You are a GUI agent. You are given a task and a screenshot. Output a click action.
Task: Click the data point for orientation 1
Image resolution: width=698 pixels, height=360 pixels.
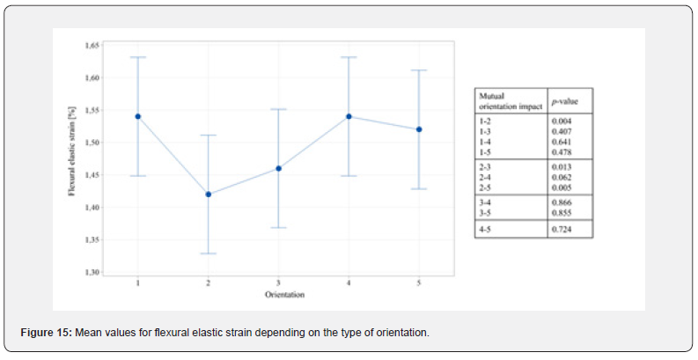[x=138, y=116]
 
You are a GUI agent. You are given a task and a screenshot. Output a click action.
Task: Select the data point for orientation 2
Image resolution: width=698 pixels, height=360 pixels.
[x=208, y=194]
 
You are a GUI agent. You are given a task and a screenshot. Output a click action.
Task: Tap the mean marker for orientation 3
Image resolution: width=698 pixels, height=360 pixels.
[x=278, y=168]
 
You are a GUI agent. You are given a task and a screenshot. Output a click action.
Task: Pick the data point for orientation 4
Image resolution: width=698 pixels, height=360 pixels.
[x=349, y=116]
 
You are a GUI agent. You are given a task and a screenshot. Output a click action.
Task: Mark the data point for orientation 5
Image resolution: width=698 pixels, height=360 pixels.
[x=419, y=129]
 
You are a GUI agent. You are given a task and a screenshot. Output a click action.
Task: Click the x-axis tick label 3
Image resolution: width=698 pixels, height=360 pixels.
[x=278, y=283]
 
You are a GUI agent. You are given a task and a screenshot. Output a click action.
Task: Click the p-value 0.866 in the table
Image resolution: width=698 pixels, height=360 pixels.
[x=561, y=202]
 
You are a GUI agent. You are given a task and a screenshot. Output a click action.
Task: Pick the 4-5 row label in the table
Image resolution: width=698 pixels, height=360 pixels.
[x=485, y=229]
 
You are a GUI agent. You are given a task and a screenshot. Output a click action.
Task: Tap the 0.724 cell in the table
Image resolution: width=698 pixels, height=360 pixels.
[x=561, y=229]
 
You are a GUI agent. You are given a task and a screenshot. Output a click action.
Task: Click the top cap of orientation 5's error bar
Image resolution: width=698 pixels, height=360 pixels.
[x=419, y=70]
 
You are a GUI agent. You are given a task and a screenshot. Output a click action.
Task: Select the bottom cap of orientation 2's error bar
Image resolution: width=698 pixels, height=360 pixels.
[x=208, y=253]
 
